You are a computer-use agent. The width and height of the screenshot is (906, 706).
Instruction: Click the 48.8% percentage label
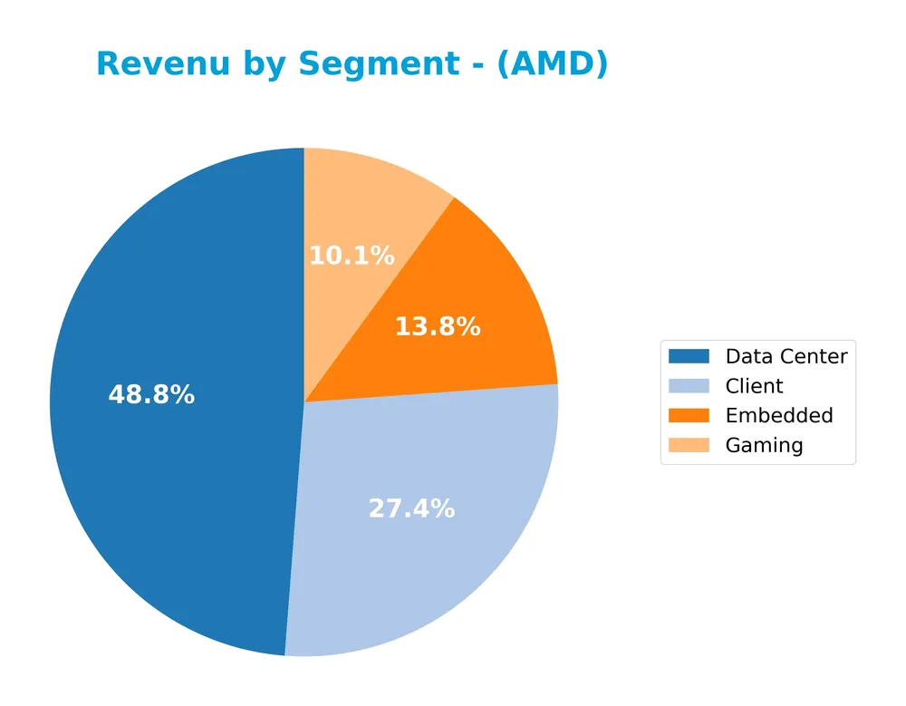(151, 395)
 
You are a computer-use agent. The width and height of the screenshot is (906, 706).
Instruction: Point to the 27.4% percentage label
(411, 509)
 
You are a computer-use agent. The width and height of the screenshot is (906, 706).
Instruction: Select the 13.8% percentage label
(437, 327)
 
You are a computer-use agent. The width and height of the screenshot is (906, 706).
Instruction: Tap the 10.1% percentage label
(352, 256)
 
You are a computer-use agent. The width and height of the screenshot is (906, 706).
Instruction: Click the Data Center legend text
(786, 356)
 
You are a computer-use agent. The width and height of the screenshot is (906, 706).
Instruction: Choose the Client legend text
(754, 386)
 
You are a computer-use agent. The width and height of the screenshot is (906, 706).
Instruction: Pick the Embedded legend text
(778, 416)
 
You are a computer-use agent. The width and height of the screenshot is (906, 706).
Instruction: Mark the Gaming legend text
(764, 445)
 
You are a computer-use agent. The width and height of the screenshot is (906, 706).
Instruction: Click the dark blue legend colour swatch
(689, 356)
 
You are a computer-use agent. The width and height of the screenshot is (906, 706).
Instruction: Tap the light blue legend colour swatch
(689, 386)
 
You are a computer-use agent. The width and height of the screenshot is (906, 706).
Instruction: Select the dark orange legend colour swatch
(689, 416)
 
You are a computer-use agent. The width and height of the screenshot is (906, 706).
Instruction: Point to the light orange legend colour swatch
(689, 445)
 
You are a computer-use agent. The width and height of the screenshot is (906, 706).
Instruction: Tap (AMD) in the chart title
(552, 65)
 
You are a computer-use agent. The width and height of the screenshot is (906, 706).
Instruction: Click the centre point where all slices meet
(304, 401)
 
